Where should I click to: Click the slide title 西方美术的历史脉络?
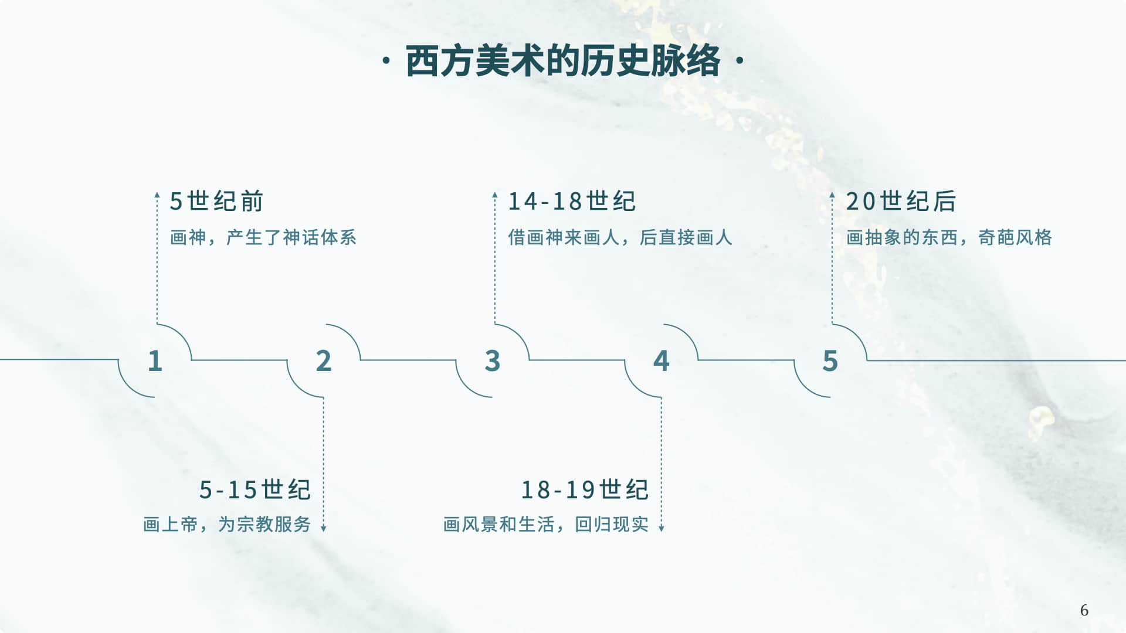pos(562,60)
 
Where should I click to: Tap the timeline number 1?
pos(155,361)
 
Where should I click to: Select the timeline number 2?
pos(324,361)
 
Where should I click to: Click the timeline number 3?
pos(493,361)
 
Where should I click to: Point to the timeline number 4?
pos(662,361)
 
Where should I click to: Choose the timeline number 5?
pos(830,361)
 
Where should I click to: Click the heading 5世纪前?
pos(216,202)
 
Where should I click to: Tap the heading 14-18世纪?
pos(572,202)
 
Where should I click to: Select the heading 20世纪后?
pos(901,202)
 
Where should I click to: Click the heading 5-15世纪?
pos(255,490)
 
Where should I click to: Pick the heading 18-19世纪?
pos(585,490)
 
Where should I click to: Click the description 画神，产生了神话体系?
pos(263,237)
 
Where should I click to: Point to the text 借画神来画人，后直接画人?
pos(620,237)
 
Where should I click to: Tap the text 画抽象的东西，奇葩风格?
pos(949,237)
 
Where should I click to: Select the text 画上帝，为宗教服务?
pos(227,524)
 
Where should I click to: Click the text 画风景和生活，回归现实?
pos(546,524)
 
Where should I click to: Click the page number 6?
pos(1084,610)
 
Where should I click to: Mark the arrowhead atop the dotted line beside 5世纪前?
pos(157,195)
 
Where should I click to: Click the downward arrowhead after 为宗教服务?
pos(323,529)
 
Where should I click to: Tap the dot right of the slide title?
pos(739,60)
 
